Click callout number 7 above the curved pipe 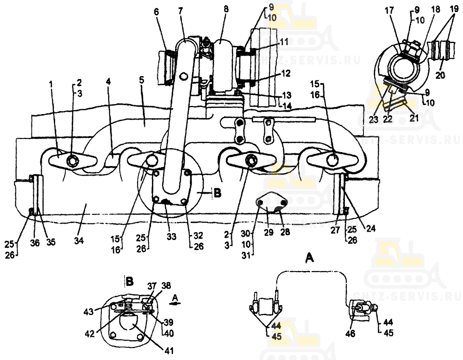click(x=180, y=10)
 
